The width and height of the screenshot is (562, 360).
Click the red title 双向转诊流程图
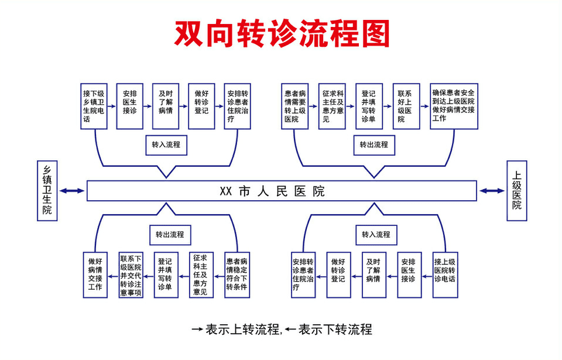click(x=282, y=33)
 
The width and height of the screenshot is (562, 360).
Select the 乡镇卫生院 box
click(x=47, y=190)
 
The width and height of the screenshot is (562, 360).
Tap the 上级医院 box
click(x=516, y=190)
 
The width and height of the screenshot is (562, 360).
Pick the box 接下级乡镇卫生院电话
click(x=94, y=106)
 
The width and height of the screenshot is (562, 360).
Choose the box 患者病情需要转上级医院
click(x=295, y=106)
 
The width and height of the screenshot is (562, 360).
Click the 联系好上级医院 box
click(x=406, y=106)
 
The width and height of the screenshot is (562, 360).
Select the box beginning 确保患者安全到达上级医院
click(x=454, y=106)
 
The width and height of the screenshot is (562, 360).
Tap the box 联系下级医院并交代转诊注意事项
click(x=131, y=275)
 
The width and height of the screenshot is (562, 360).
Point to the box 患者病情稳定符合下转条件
click(x=237, y=275)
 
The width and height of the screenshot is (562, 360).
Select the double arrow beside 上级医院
click(x=492, y=190)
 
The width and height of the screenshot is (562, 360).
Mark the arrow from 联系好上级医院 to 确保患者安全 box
click(x=425, y=107)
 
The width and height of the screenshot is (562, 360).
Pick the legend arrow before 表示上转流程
click(x=197, y=330)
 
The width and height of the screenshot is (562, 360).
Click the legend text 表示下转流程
click(x=335, y=330)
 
